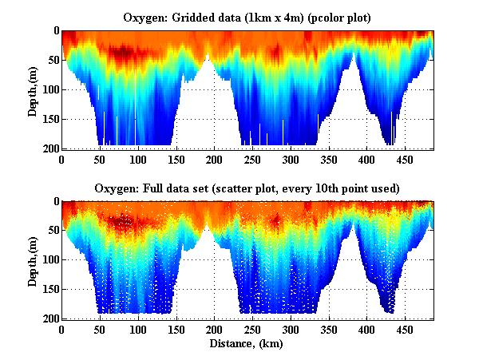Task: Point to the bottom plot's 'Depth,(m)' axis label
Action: pyautogui.click(x=33, y=259)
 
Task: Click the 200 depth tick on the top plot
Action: pyautogui.click(x=50, y=149)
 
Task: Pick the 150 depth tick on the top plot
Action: pyautogui.click(x=50, y=120)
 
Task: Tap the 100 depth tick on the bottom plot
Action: pyautogui.click(x=50, y=260)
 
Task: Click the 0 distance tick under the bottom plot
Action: pyautogui.click(x=62, y=330)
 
